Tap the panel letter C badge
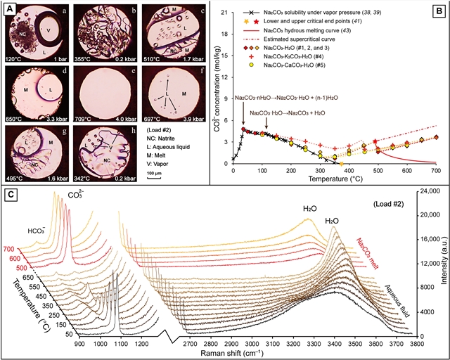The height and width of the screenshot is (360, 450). click(x=10, y=190)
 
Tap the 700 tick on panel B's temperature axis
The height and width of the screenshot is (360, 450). click(x=435, y=171)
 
